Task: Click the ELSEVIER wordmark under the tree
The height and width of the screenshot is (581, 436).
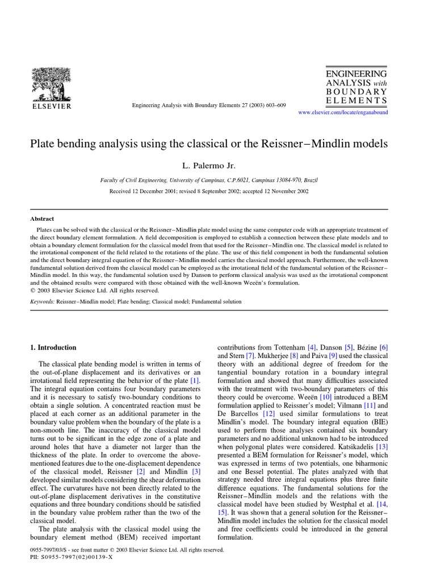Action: [51, 106]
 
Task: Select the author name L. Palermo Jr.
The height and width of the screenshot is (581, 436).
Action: [208, 165]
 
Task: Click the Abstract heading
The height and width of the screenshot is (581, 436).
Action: [42, 218]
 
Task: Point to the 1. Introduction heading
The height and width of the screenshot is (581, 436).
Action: [53, 347]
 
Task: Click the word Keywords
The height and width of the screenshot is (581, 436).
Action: [43, 302]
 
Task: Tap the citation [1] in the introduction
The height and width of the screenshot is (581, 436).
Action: [195, 380]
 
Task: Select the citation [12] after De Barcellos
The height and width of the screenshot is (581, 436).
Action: [269, 414]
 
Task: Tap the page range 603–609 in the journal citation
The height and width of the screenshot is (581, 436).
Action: [275, 106]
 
